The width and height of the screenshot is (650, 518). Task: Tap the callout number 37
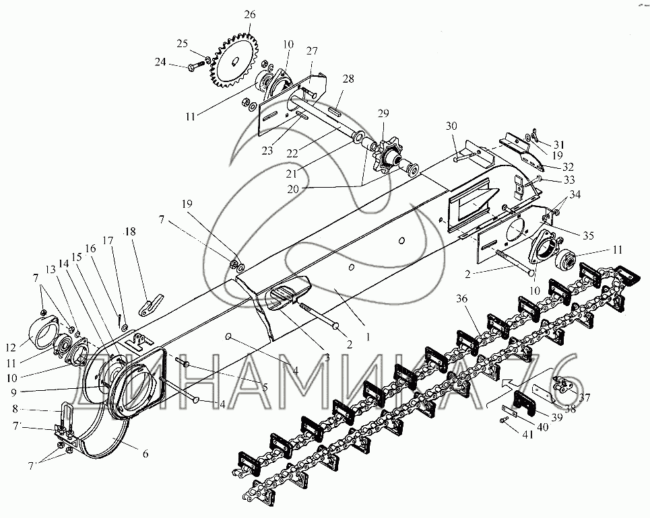(584, 398)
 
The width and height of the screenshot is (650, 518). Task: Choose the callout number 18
(129, 233)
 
